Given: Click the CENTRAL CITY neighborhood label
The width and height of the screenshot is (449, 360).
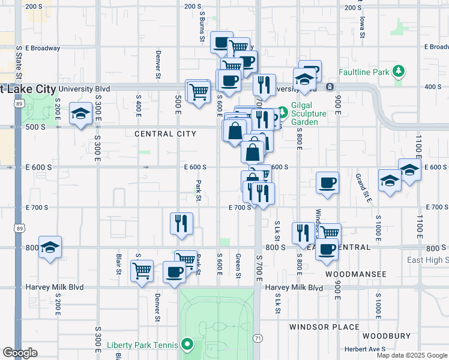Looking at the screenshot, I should click(x=165, y=134).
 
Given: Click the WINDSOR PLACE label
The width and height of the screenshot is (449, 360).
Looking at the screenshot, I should click(x=324, y=327).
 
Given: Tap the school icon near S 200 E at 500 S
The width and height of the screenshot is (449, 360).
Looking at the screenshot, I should click(x=80, y=113).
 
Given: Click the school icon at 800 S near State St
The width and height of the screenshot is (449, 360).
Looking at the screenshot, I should click(x=50, y=247).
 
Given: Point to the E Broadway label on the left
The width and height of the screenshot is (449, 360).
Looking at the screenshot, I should click(x=42, y=48).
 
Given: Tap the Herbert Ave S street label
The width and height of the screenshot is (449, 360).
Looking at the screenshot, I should click(x=365, y=349).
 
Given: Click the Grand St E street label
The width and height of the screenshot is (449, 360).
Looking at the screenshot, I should click(x=364, y=187).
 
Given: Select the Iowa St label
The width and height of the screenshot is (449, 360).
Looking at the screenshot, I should click(x=362, y=27).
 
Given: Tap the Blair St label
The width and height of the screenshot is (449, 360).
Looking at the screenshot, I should click(x=118, y=266).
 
